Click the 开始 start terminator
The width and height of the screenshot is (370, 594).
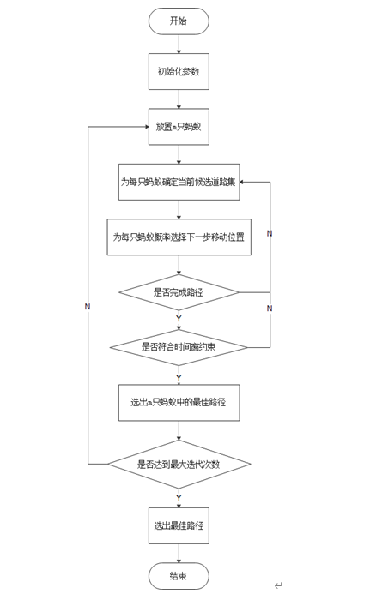pos(179,21)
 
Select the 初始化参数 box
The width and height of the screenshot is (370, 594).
pos(179,72)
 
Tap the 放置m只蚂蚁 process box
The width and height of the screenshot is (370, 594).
pos(179,127)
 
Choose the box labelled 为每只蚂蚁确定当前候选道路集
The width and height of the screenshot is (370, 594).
pos(179,182)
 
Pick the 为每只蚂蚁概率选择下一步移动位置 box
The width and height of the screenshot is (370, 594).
pos(179,237)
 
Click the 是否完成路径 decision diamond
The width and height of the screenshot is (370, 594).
pos(179,292)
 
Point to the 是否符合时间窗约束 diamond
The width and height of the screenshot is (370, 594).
pos(179,347)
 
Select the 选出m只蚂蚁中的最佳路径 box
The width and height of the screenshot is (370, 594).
pos(179,402)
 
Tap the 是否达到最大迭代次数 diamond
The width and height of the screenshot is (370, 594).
pos(179,464)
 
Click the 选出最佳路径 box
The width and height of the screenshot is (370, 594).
pos(179,525)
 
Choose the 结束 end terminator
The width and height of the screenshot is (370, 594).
pos(179,576)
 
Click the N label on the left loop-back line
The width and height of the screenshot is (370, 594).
pos(88,306)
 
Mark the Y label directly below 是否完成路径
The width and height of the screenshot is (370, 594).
pos(179,319)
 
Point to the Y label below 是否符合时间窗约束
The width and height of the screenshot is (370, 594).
pos(179,376)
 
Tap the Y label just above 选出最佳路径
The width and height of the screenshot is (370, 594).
pos(179,498)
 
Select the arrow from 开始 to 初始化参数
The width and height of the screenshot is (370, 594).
pos(179,45)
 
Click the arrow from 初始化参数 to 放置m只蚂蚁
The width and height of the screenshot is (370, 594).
pos(179,99)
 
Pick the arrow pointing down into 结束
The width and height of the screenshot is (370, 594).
pos(179,553)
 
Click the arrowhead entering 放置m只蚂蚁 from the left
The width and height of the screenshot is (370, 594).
pos(144,127)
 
